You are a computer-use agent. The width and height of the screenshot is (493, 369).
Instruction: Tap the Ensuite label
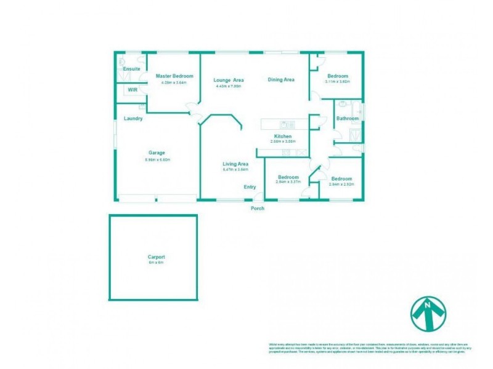click(x=131, y=69)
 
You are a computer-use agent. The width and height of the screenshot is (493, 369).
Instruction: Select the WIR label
click(x=132, y=90)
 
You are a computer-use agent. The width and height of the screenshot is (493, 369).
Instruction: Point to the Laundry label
click(x=133, y=119)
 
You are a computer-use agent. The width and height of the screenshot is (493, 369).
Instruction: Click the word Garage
click(x=157, y=153)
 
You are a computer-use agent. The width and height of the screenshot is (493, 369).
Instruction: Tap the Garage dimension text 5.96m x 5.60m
click(x=157, y=160)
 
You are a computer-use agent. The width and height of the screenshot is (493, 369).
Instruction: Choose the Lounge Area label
click(x=229, y=80)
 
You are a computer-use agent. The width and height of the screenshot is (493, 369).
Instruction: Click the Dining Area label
click(x=281, y=79)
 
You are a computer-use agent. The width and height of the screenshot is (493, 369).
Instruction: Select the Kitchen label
click(x=283, y=136)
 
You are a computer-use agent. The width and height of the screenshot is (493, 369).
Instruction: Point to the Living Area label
click(x=235, y=164)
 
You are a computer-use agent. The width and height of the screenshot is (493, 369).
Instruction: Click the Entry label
click(x=250, y=187)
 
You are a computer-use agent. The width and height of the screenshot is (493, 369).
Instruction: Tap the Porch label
click(x=258, y=208)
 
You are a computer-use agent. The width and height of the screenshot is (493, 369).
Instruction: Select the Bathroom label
click(x=347, y=119)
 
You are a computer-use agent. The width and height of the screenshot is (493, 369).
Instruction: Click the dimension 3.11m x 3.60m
click(x=337, y=82)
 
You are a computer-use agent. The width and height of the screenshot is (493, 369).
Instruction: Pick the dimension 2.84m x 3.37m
click(x=288, y=182)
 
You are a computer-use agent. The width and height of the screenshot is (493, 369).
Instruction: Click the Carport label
click(x=156, y=257)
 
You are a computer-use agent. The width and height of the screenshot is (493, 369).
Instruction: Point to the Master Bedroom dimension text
click(x=173, y=82)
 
